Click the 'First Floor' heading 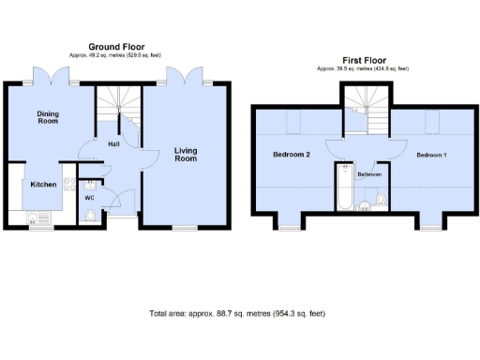(x=363, y=59)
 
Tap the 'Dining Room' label (x=48, y=117)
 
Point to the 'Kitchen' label (x=42, y=185)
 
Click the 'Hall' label (x=112, y=144)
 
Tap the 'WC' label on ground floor (x=89, y=198)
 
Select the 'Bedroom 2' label (x=291, y=155)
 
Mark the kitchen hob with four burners (x=67, y=184)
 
